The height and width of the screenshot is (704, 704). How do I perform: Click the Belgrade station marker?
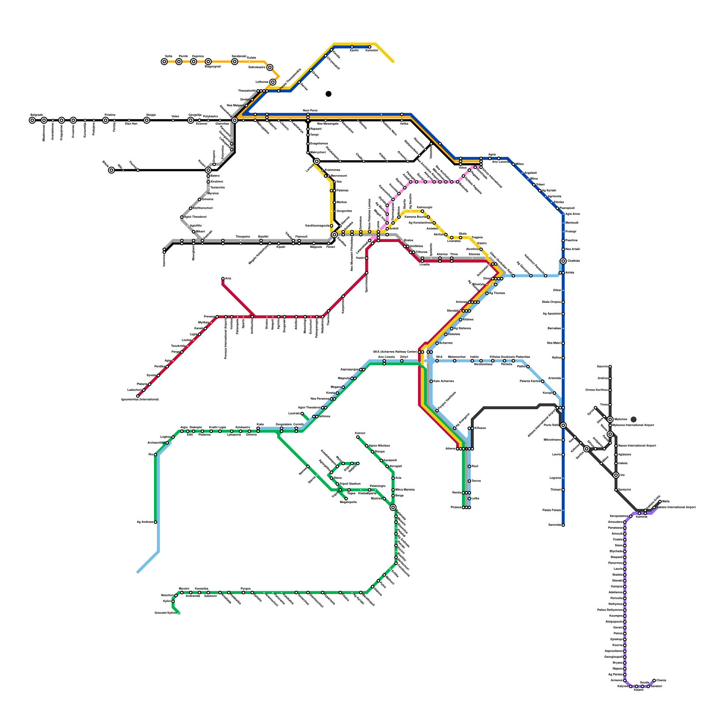click(32, 120)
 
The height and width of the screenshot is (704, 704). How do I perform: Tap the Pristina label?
click(110, 115)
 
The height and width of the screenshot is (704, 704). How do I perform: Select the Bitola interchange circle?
click(111, 170)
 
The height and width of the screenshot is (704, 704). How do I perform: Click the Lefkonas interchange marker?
click(273, 82)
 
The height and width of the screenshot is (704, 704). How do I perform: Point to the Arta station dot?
click(223, 279)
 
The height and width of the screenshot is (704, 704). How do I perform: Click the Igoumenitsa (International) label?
click(139, 400)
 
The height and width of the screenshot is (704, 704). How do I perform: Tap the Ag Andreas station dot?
click(155, 522)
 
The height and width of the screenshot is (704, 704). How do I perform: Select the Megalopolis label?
click(348, 502)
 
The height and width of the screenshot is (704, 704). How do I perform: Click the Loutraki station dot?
click(302, 414)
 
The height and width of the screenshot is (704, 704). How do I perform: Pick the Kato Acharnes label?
click(444, 381)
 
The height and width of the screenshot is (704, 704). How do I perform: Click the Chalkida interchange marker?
click(563, 261)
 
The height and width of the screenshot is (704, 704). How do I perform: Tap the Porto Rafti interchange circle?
click(563, 425)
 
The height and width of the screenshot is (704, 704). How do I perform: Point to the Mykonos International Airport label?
click(634, 425)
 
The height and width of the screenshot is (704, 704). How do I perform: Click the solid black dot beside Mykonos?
click(634, 419)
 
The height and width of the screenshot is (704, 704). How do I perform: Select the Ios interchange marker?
click(616, 475)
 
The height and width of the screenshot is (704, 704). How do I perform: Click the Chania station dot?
click(654, 680)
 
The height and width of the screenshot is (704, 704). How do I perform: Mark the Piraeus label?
click(456, 507)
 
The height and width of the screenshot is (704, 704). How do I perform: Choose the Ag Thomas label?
click(497, 293)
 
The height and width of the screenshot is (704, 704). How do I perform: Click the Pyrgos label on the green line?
click(246, 588)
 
